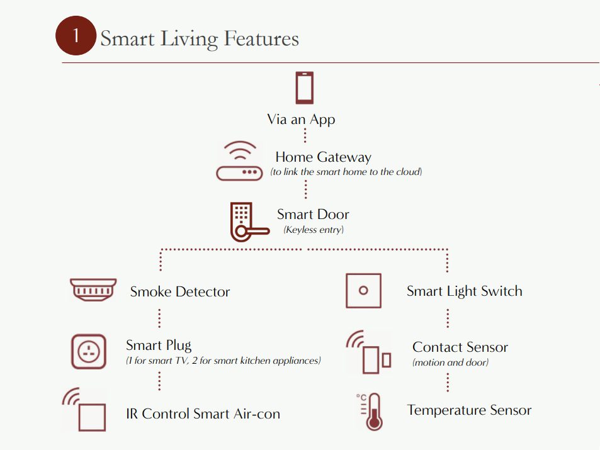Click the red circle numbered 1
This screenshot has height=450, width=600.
pos(76,36)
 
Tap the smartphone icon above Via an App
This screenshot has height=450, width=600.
pos(304,87)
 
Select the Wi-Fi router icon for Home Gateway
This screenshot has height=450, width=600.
pos(239,160)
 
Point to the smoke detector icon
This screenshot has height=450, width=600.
pos(93,290)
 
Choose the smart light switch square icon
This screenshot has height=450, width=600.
pos(363,290)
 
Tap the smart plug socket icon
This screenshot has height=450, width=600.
pos(89,351)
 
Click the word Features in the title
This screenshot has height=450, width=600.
pos(261,38)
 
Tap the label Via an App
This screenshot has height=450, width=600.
pos(301,120)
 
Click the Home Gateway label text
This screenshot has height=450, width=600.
pos(324,157)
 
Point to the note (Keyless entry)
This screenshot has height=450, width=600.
pos(314,230)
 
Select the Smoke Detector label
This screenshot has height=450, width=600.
pos(180,291)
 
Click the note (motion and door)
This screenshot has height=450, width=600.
pos(450,363)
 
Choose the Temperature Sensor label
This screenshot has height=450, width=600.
pos(469,410)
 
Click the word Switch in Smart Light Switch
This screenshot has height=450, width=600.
pos(502,291)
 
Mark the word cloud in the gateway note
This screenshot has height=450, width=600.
pos(409,172)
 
